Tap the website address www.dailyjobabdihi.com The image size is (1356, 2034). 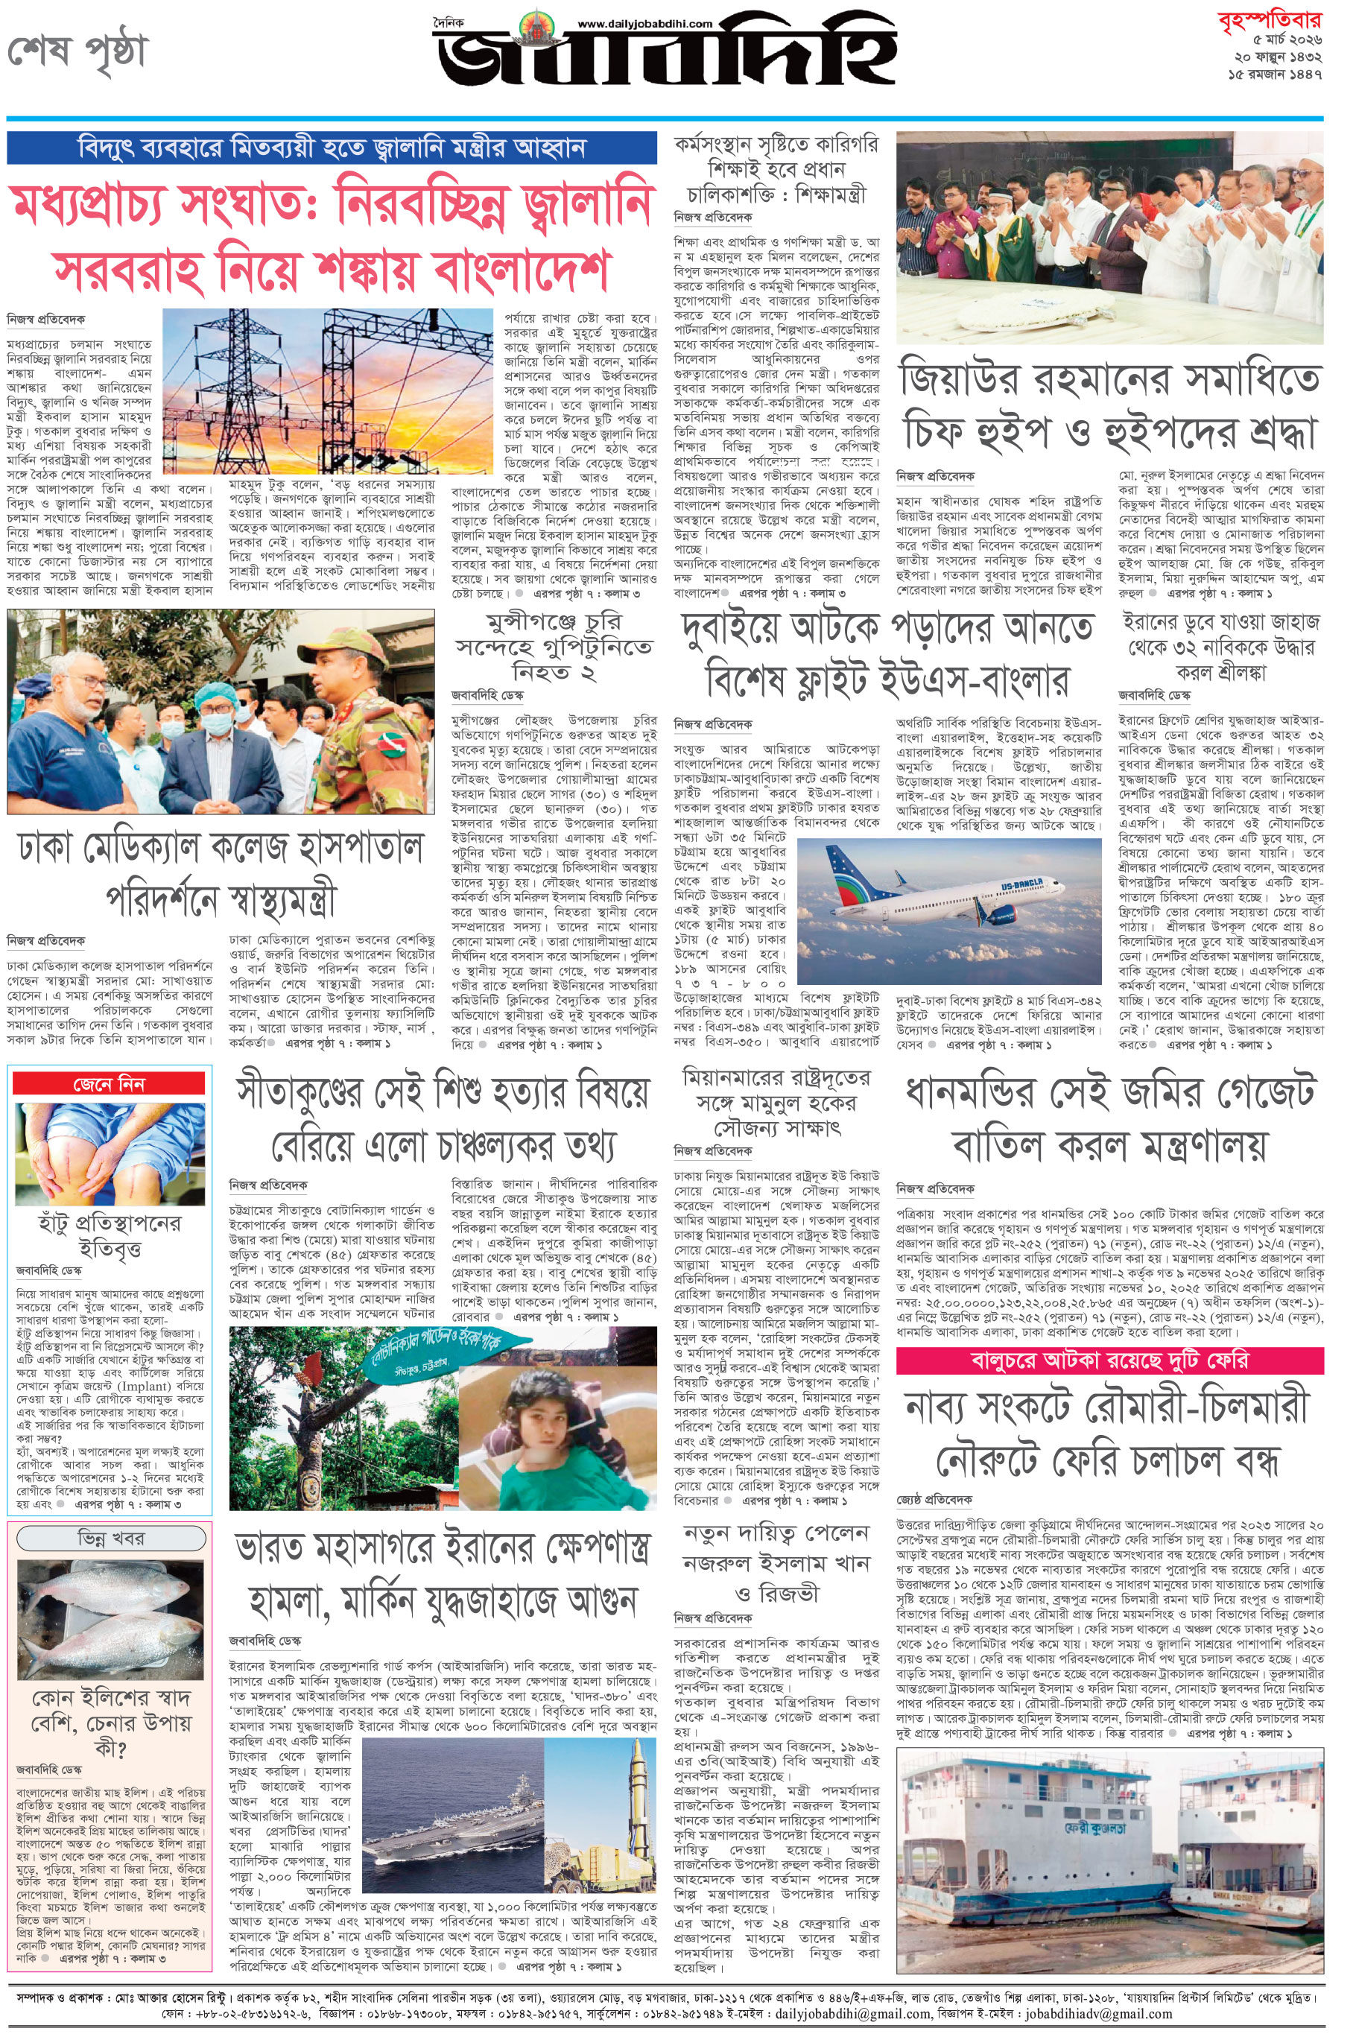point(644,24)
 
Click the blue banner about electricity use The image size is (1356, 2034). point(332,148)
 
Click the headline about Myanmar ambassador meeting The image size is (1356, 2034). point(776,1103)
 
